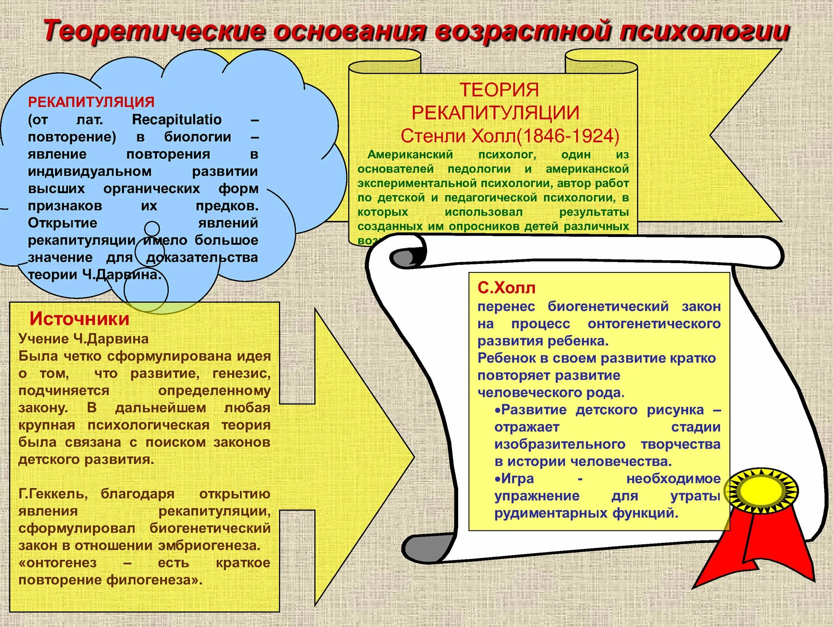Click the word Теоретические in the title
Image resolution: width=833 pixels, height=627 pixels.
point(154,31)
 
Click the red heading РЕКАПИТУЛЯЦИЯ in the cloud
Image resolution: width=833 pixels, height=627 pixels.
point(91,102)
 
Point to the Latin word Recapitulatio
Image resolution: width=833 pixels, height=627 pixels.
point(177,120)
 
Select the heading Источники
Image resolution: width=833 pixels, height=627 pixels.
point(79,319)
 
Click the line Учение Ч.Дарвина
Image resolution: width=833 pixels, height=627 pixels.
point(83,339)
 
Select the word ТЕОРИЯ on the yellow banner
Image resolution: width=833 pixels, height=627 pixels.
point(499,90)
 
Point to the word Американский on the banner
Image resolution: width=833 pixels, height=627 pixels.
point(410,155)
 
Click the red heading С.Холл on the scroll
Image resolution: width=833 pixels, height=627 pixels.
point(506,288)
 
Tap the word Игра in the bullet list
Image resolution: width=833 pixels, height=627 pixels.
point(517,479)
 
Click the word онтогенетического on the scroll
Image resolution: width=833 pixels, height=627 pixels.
point(654,324)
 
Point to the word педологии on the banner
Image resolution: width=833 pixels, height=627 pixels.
point(479,169)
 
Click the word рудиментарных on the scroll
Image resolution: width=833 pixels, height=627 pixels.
point(551,513)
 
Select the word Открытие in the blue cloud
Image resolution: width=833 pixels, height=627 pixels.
point(62,223)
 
